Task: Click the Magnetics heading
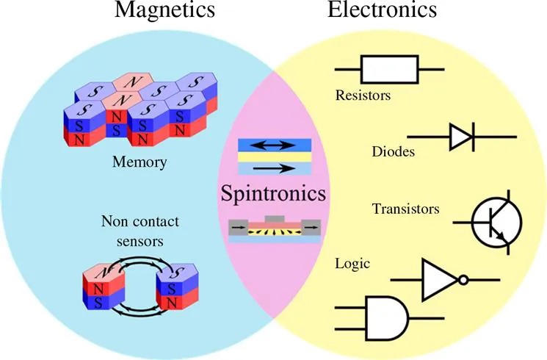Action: tap(165, 10)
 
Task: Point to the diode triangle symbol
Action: tap(460, 137)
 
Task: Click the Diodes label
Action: tap(394, 152)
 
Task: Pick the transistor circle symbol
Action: tap(496, 221)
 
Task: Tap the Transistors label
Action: tap(405, 209)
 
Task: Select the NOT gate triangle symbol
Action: tap(437, 280)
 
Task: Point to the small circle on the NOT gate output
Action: tap(463, 280)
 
